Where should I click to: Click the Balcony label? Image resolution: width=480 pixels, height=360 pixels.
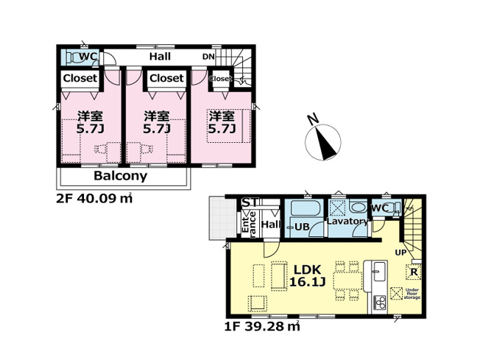point(120,176)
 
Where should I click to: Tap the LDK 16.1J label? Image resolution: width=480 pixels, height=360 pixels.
point(307,275)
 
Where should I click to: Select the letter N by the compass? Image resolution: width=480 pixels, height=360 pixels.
point(313,119)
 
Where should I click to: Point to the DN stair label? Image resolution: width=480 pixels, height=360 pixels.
point(208,57)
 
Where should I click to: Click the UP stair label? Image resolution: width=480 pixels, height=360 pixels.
point(400,253)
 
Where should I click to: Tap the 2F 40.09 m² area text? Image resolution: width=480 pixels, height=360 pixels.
point(94,199)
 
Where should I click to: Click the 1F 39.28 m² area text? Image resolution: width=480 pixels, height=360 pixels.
point(262,326)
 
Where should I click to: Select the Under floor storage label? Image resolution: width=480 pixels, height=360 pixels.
point(412,294)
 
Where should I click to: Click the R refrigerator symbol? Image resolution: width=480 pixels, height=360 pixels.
point(414,272)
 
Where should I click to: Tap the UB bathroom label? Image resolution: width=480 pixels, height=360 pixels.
point(302,227)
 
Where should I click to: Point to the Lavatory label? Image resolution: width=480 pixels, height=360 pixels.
point(347,221)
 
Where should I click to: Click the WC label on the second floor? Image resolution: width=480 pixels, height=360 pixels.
point(88,57)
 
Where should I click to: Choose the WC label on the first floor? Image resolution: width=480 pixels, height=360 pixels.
point(380,208)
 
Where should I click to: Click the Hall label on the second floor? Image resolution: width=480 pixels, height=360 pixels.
point(160,57)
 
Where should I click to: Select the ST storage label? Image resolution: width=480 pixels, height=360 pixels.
point(251,202)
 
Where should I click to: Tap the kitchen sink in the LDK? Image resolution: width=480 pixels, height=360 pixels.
point(380,271)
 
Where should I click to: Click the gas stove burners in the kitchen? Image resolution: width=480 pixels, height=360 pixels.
point(380,303)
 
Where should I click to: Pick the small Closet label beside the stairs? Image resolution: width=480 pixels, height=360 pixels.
point(220,79)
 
